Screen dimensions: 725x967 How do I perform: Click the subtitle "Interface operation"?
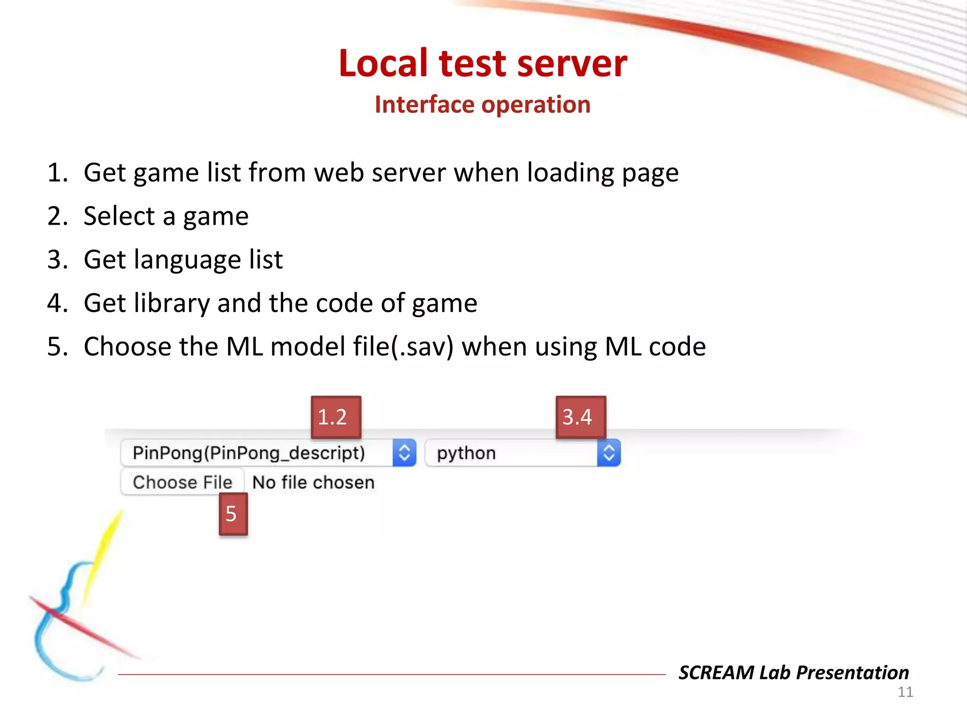click(483, 104)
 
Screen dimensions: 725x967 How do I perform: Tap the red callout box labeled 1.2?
click(336, 417)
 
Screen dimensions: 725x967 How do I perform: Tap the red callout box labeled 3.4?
click(580, 417)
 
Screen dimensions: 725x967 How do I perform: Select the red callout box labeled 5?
click(233, 514)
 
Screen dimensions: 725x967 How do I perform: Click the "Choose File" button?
click(183, 482)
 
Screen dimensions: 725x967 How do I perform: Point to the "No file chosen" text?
click(314, 482)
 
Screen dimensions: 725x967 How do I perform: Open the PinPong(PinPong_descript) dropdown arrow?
click(404, 453)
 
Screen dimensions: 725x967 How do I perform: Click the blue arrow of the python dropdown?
click(609, 453)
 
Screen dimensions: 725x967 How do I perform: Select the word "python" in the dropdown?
click(467, 453)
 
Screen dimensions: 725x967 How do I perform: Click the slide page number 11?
click(905, 692)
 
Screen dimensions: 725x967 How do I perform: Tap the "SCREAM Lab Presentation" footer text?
click(793, 672)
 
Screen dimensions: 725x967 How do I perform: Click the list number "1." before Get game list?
click(58, 173)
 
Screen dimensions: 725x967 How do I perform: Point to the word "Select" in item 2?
click(119, 216)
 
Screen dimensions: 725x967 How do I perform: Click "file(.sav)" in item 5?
click(403, 346)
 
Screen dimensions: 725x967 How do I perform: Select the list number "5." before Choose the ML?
click(58, 346)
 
